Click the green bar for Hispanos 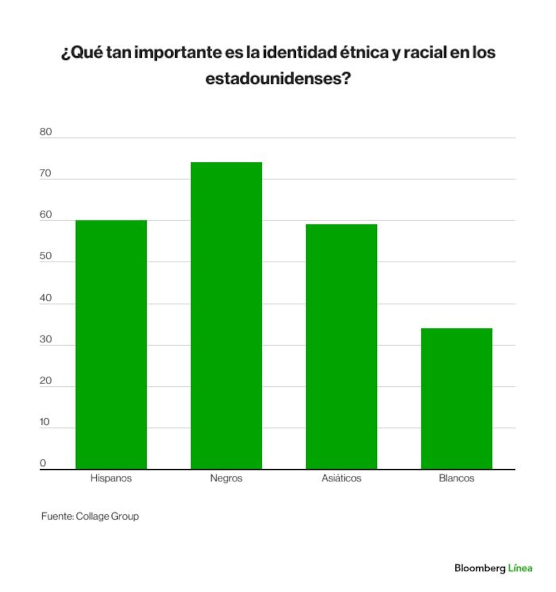point(111,345)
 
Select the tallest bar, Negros point(226,316)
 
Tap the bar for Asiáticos point(341,347)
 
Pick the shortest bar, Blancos point(456,399)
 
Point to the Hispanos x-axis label point(111,478)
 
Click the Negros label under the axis point(226,479)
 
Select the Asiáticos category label point(341,478)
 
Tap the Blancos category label point(456,478)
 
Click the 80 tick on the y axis point(46,132)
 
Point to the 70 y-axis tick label point(46,173)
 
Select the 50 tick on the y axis point(46,256)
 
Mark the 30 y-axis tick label point(46,339)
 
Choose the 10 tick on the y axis point(44,422)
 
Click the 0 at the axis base point(43,463)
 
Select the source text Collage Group point(107,516)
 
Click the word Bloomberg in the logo point(480,568)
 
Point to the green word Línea point(520,568)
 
